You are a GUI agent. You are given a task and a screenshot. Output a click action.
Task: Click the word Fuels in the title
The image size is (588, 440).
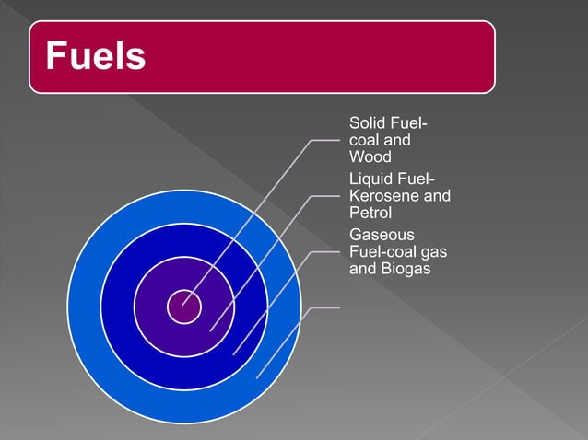click(x=96, y=57)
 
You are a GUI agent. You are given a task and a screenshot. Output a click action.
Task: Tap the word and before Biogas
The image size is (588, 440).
click(x=362, y=270)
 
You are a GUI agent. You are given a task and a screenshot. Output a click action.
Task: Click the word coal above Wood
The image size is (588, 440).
click(x=365, y=141)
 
